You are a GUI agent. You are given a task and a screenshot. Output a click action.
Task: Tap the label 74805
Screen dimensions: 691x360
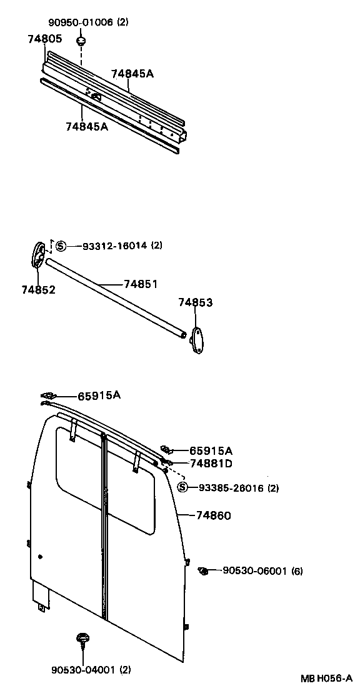tap(44, 39)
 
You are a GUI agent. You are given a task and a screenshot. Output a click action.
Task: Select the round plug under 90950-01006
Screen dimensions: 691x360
tap(81, 41)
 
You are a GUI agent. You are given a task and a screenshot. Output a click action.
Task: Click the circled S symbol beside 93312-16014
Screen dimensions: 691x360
tap(61, 246)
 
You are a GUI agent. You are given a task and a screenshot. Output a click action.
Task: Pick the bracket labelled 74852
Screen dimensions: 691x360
tap(38, 256)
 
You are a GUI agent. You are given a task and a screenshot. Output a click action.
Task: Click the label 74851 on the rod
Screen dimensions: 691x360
tap(140, 284)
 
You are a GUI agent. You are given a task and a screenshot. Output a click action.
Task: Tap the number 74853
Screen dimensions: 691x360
tap(195, 303)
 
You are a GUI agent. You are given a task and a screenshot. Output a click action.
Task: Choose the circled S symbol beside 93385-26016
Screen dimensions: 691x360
tap(182, 488)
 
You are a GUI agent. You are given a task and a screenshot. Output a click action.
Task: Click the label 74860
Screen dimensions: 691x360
tap(213, 515)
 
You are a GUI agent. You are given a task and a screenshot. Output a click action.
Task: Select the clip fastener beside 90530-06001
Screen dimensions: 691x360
tap(204, 570)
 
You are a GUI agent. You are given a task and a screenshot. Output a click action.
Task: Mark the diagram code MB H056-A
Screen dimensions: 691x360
tap(326, 679)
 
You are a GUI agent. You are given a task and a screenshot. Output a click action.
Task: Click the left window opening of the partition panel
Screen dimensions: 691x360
tap(78, 475)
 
